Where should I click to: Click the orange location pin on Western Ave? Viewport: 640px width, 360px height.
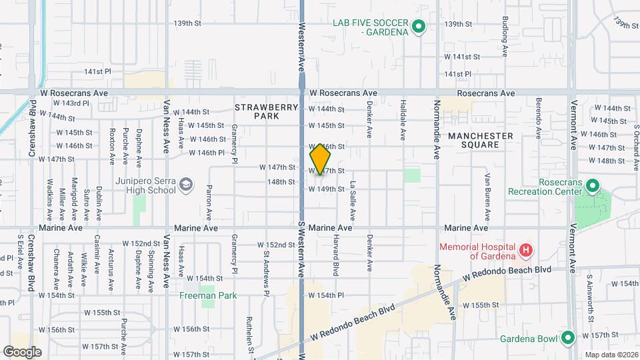(320, 159)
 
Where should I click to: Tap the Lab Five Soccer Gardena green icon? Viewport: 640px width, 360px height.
(419, 27)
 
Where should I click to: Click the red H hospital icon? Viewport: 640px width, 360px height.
(526, 251)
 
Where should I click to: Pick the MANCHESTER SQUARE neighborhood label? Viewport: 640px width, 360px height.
(480, 141)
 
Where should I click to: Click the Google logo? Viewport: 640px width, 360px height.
(23, 351)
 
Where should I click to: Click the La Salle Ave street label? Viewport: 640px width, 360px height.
(353, 199)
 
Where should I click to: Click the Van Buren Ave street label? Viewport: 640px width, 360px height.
(487, 197)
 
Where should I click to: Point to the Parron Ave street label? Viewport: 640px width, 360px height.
(209, 202)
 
